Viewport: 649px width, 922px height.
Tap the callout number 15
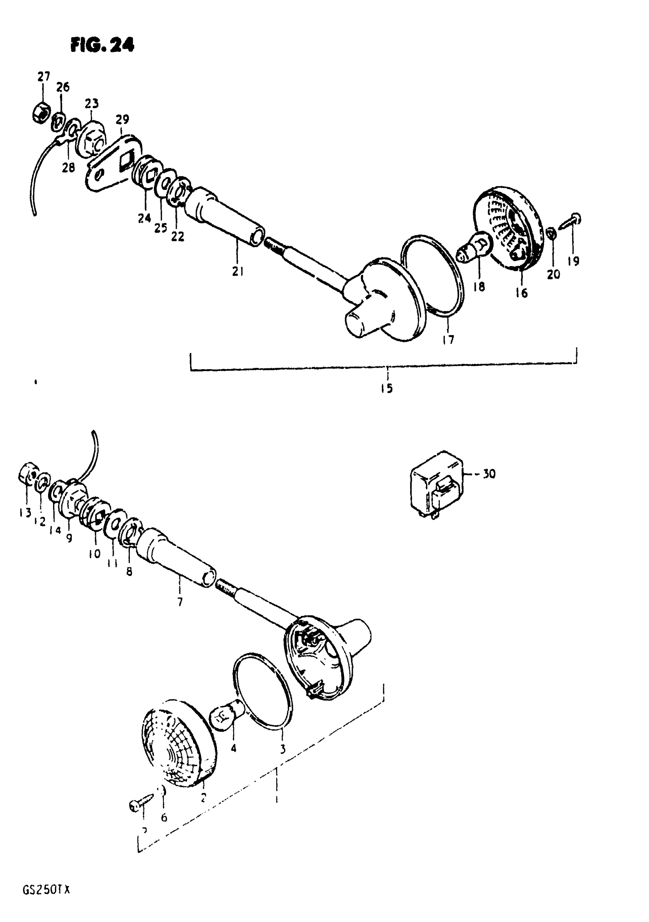point(387,388)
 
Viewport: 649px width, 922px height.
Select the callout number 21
point(238,272)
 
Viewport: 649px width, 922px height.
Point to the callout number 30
point(489,474)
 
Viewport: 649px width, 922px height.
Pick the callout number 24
point(144,218)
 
